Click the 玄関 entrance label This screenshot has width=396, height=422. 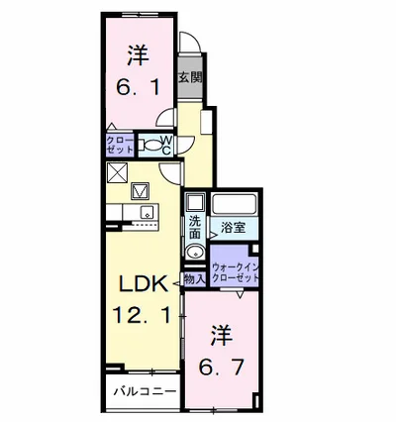pos(190,77)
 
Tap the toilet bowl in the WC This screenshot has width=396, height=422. pos(150,146)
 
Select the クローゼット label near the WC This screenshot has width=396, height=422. pos(120,145)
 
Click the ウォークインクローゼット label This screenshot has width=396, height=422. pos(236,271)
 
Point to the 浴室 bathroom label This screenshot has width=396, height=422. pos(234,228)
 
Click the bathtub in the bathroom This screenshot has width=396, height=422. pos(234,205)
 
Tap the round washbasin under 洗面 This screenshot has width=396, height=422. pos(195,253)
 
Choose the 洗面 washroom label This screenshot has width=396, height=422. pos(195,228)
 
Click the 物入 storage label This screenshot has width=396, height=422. pos(195,279)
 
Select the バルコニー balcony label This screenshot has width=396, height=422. pos(146,391)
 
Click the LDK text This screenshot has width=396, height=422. pos(144,284)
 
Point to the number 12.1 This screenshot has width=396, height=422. pos(143,315)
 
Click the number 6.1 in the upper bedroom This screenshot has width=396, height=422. pos(139,87)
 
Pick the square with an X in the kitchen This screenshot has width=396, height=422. pos(117,173)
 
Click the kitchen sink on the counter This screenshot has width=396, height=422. pos(148,212)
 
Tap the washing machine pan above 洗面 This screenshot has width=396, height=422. pos(195,202)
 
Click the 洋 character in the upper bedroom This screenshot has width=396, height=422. pos(139,55)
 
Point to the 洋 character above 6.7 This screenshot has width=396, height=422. pos(222,336)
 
